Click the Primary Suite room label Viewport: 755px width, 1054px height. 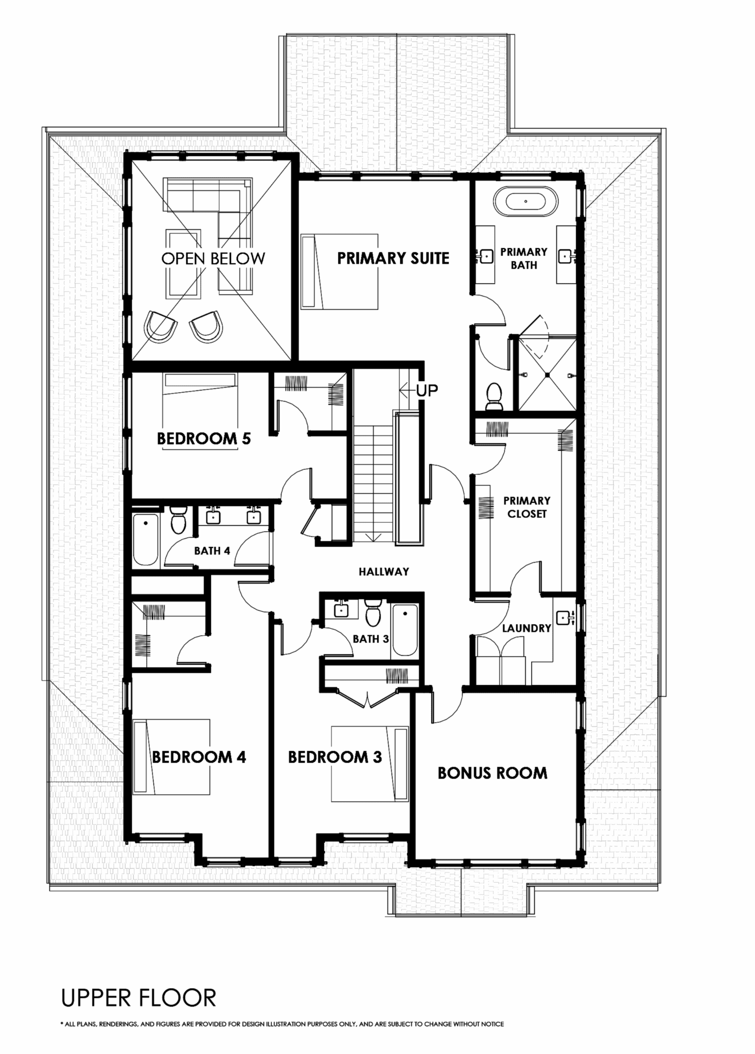pyautogui.click(x=393, y=258)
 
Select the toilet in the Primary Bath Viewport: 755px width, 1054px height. pyautogui.click(x=494, y=396)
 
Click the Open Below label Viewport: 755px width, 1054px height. pyautogui.click(x=213, y=258)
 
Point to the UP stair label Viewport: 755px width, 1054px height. pyautogui.click(x=427, y=391)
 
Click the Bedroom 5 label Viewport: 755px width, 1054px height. pyautogui.click(x=204, y=438)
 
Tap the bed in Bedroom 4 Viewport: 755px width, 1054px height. pyautogui.click(x=171, y=757)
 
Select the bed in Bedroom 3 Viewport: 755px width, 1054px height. pyautogui.click(x=370, y=764)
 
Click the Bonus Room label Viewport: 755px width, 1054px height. pyautogui.click(x=493, y=772)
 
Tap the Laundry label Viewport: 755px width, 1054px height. pyautogui.click(x=526, y=628)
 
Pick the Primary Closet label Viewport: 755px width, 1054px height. pyautogui.click(x=526, y=507)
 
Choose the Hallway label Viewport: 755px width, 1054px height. pyautogui.click(x=384, y=571)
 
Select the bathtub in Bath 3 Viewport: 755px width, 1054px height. pyautogui.click(x=405, y=630)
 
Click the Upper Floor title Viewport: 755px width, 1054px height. pyautogui.click(x=138, y=998)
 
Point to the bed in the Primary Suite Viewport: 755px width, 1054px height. pyautogui.click(x=340, y=272)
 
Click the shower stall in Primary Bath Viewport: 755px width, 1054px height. pyautogui.click(x=547, y=374)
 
